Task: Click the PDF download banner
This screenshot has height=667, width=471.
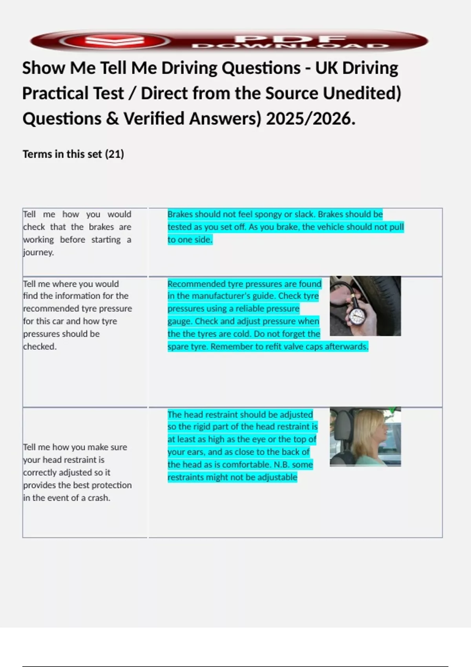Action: [229, 41]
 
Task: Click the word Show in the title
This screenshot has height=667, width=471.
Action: [43, 68]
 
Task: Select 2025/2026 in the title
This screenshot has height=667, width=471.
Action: [310, 119]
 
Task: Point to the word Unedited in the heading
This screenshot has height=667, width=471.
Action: [361, 94]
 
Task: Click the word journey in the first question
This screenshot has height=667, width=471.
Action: [38, 252]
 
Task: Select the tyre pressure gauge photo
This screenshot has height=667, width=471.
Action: [365, 306]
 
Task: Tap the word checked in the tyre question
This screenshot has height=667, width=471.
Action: [39, 347]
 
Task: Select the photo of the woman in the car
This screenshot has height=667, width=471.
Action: [365, 437]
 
